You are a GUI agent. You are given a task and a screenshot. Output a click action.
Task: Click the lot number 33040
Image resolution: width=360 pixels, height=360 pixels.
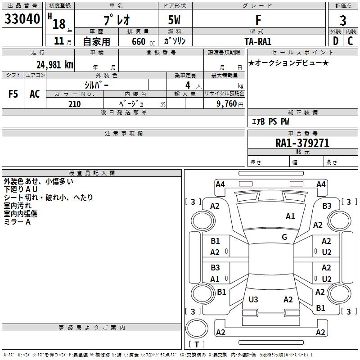(22, 19)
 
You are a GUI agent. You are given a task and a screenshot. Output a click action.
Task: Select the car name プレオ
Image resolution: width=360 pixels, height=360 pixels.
(116, 20)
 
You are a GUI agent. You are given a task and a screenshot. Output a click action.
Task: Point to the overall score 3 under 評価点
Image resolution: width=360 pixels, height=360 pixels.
(343, 20)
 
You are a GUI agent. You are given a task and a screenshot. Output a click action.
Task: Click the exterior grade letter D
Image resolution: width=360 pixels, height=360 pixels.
(335, 41)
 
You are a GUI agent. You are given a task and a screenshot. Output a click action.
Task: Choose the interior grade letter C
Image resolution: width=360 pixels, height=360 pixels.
(350, 41)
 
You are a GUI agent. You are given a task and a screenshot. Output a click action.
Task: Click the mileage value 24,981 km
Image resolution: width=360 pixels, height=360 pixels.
(54, 64)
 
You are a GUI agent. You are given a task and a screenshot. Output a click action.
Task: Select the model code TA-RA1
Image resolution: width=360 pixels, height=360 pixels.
(258, 41)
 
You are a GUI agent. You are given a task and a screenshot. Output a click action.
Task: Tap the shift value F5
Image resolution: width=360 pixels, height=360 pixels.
(13, 94)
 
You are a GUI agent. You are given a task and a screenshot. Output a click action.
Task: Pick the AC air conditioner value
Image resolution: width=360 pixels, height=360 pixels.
(35, 94)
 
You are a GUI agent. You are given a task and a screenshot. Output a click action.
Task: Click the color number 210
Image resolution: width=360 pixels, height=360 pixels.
(75, 104)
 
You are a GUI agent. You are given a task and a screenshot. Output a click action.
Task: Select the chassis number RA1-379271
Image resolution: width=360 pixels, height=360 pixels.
(302, 143)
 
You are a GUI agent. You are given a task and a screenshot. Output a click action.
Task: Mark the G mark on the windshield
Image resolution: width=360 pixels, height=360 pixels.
(284, 237)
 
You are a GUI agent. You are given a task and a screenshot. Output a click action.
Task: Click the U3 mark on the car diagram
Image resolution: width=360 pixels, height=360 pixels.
(253, 300)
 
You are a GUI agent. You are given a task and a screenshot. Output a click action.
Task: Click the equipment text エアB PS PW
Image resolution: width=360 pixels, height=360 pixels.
(270, 122)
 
